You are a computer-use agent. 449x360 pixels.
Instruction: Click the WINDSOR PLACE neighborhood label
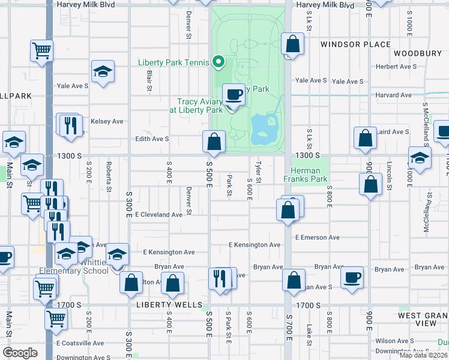point(355,44)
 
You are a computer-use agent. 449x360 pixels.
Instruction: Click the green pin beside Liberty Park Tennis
point(219,61)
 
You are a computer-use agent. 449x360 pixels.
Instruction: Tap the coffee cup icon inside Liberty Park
point(234,94)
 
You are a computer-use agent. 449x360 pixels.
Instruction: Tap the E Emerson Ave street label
point(318,238)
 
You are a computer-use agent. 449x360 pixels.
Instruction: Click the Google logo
point(20,352)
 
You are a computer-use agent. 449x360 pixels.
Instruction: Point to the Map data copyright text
point(423,355)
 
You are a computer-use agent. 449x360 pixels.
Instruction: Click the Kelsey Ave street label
point(107,121)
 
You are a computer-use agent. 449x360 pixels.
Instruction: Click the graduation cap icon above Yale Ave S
point(103,71)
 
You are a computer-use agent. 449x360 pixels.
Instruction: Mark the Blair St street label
point(149,81)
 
